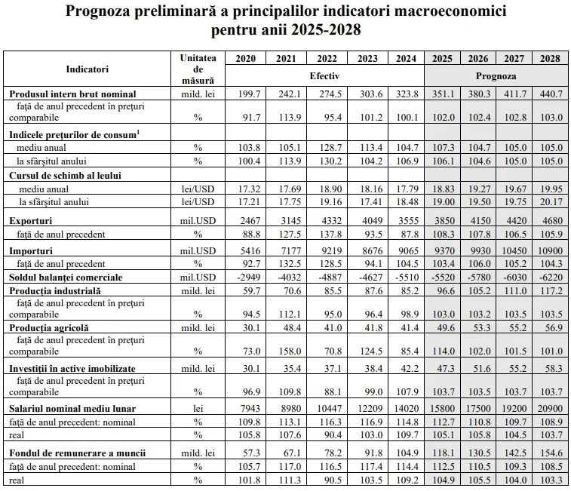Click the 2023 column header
point(367,59)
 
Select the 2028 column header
point(550,59)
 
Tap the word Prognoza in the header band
point(496,76)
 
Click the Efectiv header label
point(324,76)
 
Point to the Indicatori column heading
point(87,69)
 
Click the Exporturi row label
point(31,221)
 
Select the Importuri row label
point(31,251)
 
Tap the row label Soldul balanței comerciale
point(66,278)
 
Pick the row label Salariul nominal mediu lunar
point(72,409)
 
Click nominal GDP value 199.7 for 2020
point(249,94)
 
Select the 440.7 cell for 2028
point(551,94)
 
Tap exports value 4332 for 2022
point(331,221)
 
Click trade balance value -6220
point(551,278)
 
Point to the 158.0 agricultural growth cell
point(290,351)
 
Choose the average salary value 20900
point(550,409)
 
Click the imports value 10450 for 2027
point(514,251)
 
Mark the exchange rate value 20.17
point(551,202)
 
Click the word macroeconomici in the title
point(450,11)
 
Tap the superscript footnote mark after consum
point(138,132)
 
